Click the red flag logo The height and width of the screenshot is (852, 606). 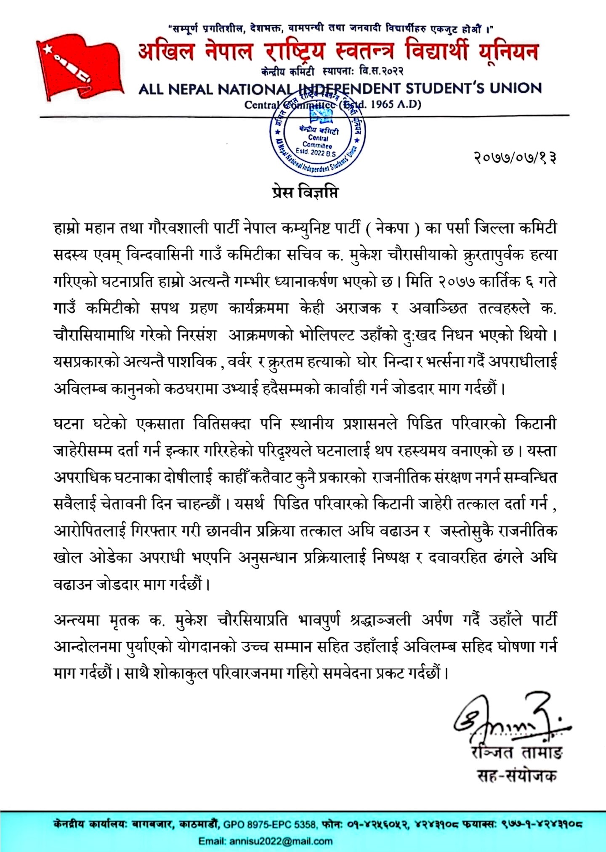[x=80, y=67]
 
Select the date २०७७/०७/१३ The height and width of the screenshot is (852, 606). [x=515, y=158]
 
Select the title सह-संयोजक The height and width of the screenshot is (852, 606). [x=517, y=775]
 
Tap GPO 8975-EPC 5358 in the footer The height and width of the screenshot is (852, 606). [x=269, y=824]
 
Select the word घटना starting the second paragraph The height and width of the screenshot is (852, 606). [x=69, y=424]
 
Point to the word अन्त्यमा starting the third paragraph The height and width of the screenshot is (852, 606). [x=76, y=620]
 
